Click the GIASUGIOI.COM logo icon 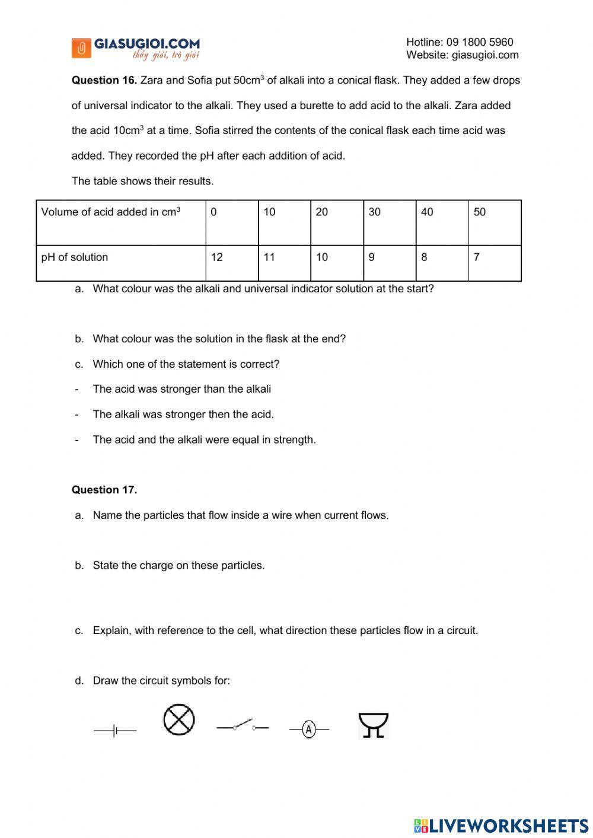pyautogui.click(x=81, y=48)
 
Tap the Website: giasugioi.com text pyautogui.click(x=462, y=55)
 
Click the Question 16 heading pyautogui.click(x=104, y=80)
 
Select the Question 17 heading pyautogui.click(x=104, y=490)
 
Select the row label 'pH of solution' pyautogui.click(x=75, y=257)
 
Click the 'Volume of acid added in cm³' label pyautogui.click(x=111, y=212)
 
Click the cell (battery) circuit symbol pyautogui.click(x=115, y=731)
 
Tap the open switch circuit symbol pyautogui.click(x=243, y=726)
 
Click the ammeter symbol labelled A pyautogui.click(x=308, y=729)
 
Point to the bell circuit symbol pyautogui.click(x=374, y=725)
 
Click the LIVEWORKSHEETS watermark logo pyautogui.click(x=501, y=826)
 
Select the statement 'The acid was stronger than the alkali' pyautogui.click(x=181, y=389)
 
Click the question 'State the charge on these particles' pyautogui.click(x=178, y=566)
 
